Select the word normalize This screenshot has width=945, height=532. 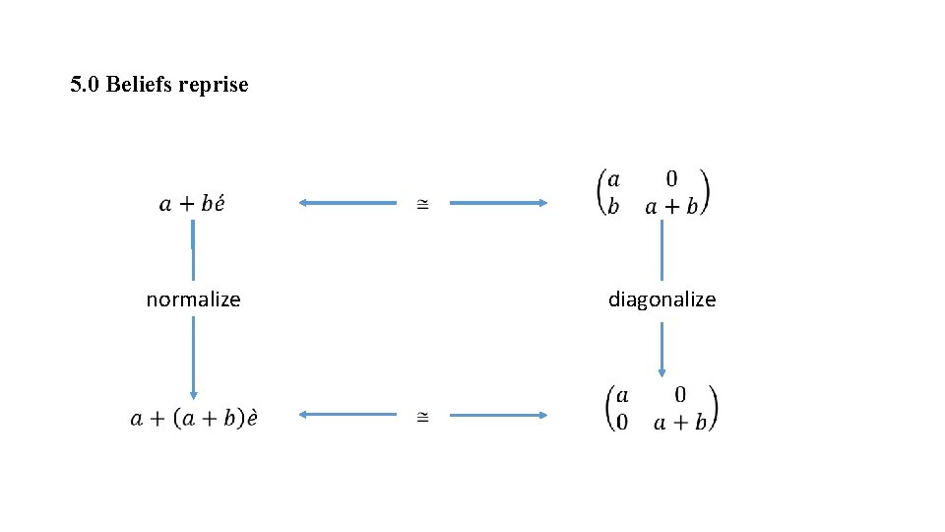pos(193,299)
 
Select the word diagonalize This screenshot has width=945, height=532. pos(661,299)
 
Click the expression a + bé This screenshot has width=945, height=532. pos(192,204)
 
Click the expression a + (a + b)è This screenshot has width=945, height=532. pos(194,417)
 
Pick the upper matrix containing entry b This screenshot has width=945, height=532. pos(653,193)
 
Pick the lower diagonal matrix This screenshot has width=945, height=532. pos(661,408)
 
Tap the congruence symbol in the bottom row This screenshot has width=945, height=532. pos(422,417)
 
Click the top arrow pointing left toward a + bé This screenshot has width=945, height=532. pos(346,203)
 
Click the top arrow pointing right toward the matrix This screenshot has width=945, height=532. pos(498,203)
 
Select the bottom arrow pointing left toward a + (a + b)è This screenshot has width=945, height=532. pos(346,415)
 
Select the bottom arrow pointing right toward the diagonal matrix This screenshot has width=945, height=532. pos(498,415)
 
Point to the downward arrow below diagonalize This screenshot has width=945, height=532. pos(661,350)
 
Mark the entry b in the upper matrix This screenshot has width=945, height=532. pos(613,207)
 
